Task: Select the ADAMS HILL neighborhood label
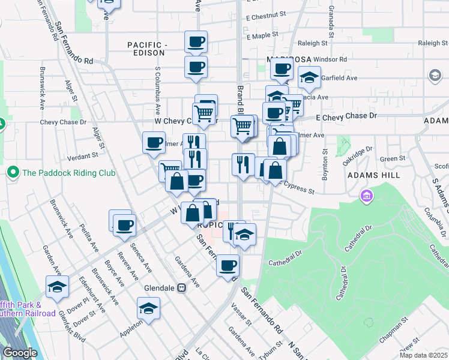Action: (372, 175)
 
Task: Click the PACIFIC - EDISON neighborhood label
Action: (146, 49)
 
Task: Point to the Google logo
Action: (20, 353)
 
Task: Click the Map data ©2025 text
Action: (424, 355)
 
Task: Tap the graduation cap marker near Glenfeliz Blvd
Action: (57, 287)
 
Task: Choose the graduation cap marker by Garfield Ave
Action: (310, 77)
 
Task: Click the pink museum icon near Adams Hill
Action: (366, 196)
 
